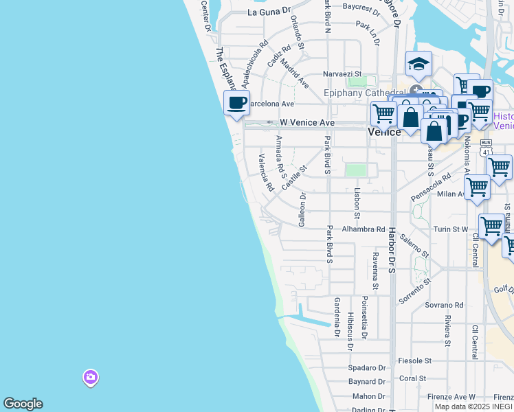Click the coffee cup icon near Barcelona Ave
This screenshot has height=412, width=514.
tap(236, 104)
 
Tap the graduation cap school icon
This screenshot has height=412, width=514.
tap(418, 64)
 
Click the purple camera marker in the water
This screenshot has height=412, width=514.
tap(90, 377)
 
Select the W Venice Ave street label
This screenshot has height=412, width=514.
tap(306, 122)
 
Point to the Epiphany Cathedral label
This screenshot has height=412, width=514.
tap(364, 93)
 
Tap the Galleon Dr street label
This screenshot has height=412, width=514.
tap(302, 209)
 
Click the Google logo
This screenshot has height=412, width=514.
tap(23, 404)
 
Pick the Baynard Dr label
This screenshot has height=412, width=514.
tap(367, 381)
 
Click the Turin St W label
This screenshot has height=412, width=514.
tap(450, 229)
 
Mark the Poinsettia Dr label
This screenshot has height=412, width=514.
tap(365, 317)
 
